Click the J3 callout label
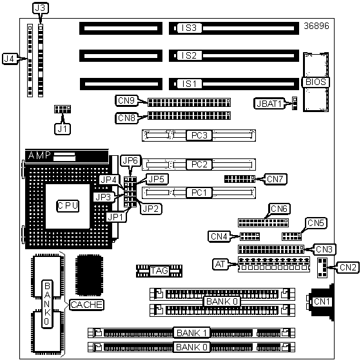[40, 8]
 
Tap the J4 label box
[10, 59]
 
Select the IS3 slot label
[189, 28]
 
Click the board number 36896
[317, 26]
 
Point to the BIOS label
[315, 82]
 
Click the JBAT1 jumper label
[269, 104]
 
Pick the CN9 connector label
[126, 100]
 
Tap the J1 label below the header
[63, 129]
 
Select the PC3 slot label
[199, 135]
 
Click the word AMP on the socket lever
[39, 155]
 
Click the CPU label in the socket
[68, 205]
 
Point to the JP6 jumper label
[130, 160]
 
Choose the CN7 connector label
[276, 179]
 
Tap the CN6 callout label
[279, 209]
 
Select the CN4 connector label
[219, 236]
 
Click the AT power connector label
[220, 264]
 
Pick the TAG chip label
[159, 270]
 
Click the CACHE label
[86, 305]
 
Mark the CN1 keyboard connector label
[322, 301]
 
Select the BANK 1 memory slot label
[191, 332]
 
